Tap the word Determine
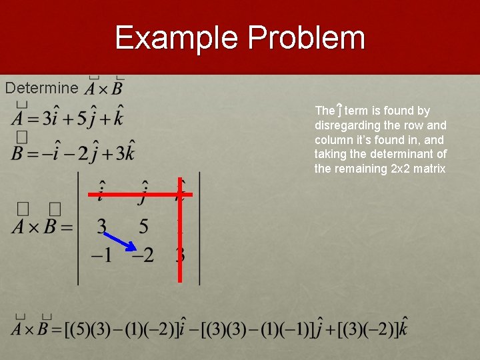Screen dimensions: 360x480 pos(41,87)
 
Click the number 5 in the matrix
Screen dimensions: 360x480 pos(143,227)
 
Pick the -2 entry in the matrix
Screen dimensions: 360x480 pos(142,255)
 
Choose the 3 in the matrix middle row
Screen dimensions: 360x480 pos(101,227)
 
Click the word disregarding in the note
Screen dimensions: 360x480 pos(347,125)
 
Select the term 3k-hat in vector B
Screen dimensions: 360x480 pos(125,152)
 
